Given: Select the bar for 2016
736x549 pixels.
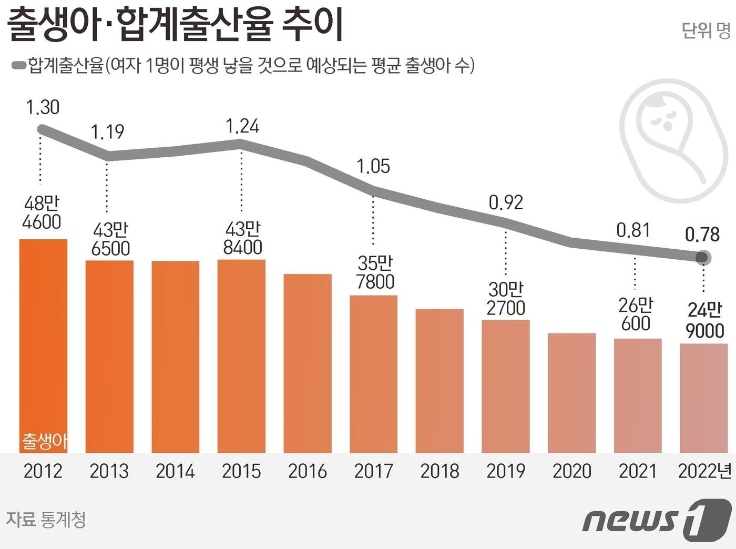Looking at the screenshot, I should [308, 363].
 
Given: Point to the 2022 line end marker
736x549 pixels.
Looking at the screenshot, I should [702, 258].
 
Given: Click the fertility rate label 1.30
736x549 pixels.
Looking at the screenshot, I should [43, 107].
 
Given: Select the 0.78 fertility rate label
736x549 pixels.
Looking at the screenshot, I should [702, 235].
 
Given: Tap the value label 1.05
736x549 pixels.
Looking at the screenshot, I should [373, 167].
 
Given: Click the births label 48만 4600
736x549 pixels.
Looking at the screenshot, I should [42, 212].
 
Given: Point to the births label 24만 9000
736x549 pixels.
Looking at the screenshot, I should [704, 320].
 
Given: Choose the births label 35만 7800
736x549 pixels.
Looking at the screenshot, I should [375, 272].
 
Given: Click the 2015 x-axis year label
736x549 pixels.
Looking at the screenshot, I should [241, 471].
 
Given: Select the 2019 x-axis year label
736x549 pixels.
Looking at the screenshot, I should [506, 471].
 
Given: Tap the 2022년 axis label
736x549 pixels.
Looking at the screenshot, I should [704, 471].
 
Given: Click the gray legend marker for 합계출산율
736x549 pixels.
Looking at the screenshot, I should [19, 65].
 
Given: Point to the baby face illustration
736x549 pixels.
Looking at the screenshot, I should [674, 139].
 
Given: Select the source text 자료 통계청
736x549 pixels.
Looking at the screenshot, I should [46, 520].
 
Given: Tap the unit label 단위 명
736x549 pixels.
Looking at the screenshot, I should [706, 30].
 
